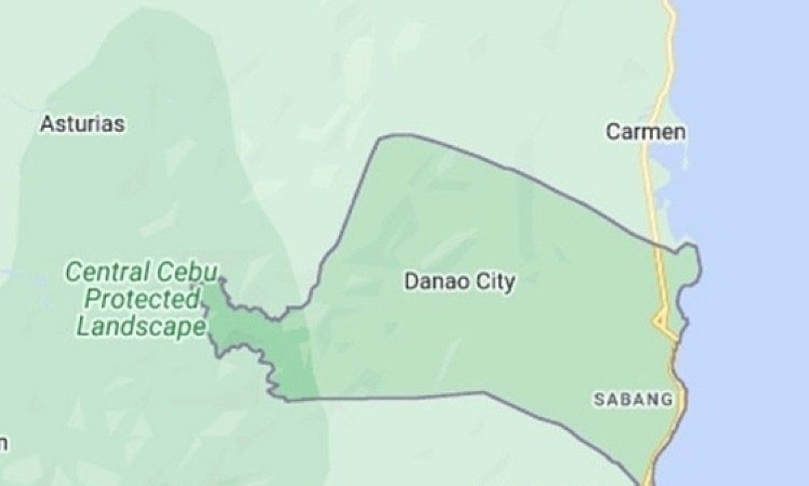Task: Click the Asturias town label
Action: pos(83,125)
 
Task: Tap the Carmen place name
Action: pos(646,132)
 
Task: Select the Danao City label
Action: pos(460,282)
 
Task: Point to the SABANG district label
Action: pos(633,399)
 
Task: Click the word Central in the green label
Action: pos(108,271)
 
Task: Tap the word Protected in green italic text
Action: pos(142,300)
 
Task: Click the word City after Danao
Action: pos(495,282)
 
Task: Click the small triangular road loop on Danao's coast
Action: pos(663,324)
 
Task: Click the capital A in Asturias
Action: pos(46,125)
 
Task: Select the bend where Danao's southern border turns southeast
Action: pos(485,393)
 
